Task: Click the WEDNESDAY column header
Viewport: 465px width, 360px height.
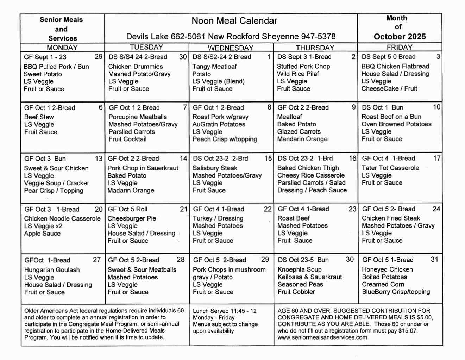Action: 231,48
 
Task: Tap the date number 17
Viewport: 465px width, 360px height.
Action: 437,159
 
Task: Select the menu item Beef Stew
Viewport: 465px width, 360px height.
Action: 39,117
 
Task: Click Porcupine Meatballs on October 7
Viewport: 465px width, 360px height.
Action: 138,117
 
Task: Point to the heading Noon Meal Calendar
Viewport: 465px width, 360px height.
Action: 234,21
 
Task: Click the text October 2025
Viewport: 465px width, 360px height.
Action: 400,37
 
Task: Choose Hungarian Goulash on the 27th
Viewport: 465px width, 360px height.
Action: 52,270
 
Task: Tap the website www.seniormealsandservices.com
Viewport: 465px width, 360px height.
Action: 322,337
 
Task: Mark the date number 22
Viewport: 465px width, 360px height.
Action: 268,209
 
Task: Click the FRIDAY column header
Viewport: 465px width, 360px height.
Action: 400,48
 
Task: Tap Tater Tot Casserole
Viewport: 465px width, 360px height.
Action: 390,168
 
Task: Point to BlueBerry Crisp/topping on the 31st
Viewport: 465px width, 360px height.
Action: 396,292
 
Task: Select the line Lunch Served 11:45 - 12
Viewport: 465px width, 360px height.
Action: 225,311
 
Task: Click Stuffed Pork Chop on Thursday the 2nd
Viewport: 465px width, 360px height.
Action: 303,66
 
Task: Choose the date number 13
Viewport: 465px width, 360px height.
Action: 99,159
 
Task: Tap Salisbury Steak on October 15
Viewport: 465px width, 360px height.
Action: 215,168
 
